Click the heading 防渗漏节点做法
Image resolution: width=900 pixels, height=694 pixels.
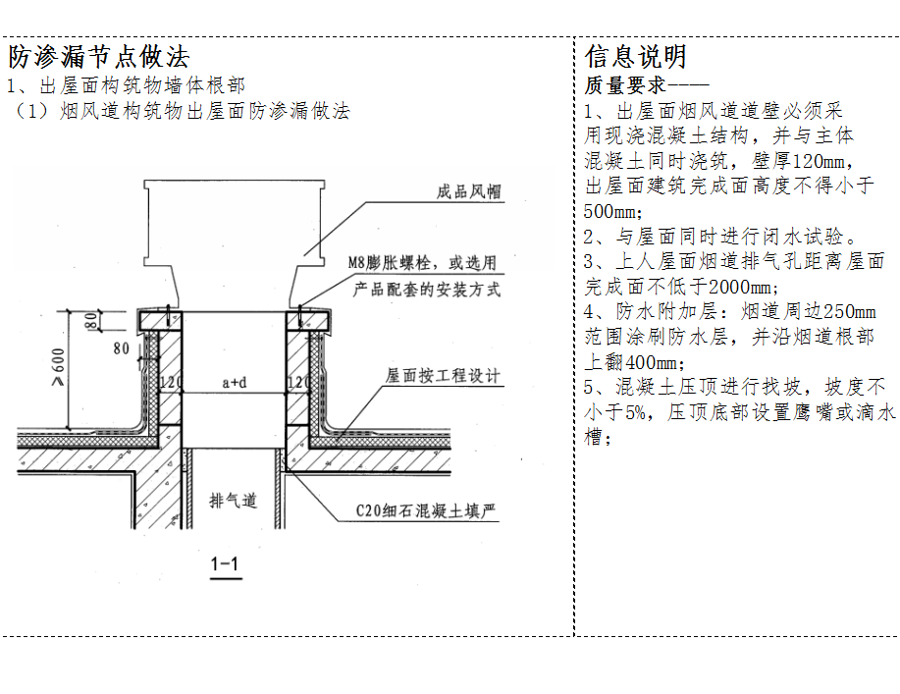point(99,56)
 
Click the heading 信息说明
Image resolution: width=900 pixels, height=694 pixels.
point(635,56)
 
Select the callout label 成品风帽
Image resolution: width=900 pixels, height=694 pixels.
point(468,191)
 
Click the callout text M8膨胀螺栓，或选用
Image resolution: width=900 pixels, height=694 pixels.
point(422,263)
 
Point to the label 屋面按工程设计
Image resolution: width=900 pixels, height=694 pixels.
point(443,375)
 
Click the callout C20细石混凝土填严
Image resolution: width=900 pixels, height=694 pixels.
point(425,510)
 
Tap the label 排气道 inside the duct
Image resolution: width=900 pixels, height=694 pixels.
point(233,501)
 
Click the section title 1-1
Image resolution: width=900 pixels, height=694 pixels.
point(225,563)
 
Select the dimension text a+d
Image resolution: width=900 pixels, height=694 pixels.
point(235,382)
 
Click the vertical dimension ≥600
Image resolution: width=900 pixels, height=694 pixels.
point(58,367)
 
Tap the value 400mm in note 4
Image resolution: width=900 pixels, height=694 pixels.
point(654,362)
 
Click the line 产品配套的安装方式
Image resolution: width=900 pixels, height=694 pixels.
point(427,289)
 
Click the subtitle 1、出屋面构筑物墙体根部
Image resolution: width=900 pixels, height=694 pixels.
point(126,85)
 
